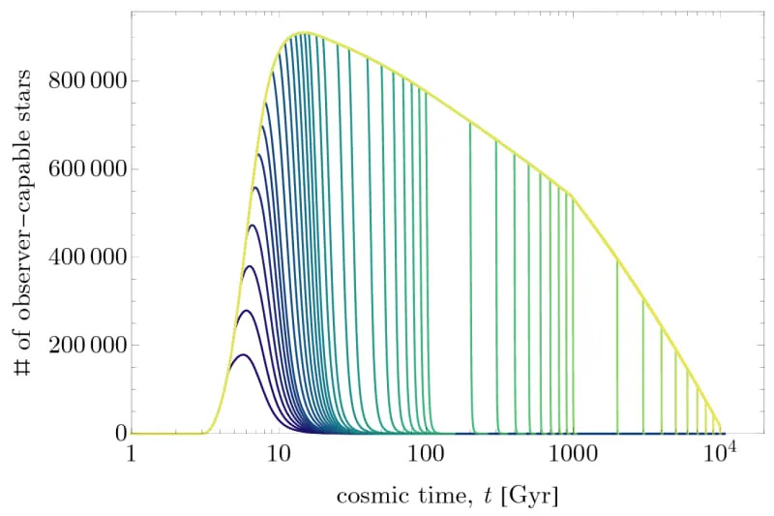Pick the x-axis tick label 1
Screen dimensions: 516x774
(x=131, y=455)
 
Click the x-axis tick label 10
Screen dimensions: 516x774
(x=277, y=455)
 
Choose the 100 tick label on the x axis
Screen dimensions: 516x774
(x=425, y=455)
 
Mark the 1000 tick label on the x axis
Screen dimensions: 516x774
(x=573, y=455)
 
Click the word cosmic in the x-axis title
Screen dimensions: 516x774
(x=365, y=497)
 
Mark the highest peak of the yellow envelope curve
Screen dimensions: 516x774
(x=304, y=33)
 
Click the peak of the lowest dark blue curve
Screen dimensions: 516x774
(x=243, y=354)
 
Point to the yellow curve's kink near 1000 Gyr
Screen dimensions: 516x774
(x=573, y=197)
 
